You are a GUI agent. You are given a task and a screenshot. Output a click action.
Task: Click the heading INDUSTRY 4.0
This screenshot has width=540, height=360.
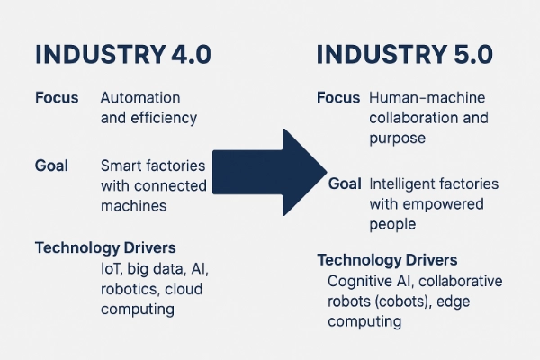tap(121, 53)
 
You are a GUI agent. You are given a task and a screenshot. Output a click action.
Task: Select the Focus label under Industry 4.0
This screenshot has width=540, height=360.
tap(56, 97)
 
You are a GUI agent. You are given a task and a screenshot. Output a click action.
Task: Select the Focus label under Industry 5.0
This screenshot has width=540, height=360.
tap(338, 97)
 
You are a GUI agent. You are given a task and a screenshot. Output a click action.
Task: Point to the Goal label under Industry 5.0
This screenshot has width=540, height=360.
tap(345, 184)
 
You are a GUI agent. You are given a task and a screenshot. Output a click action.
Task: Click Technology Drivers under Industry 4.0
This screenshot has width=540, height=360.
tap(104, 247)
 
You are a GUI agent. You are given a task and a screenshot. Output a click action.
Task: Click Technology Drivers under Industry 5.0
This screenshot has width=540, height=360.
tap(387, 260)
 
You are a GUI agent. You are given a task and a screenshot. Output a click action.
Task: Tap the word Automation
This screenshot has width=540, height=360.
tap(140, 97)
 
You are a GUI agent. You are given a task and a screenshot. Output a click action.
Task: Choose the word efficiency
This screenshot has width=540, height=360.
tap(165, 117)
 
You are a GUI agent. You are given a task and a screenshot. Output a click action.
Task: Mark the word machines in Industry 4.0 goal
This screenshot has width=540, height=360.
tap(133, 205)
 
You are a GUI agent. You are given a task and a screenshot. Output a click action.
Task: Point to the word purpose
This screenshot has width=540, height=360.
tap(397, 139)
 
